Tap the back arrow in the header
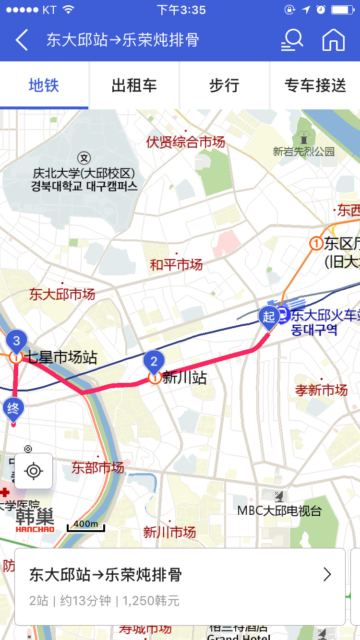[x=22, y=40]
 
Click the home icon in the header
[x=334, y=39]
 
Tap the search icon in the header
[x=292, y=39]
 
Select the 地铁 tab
[x=44, y=85]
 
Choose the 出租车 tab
[x=134, y=85]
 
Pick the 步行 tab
[x=224, y=85]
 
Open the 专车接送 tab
[x=315, y=85]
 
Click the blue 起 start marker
[x=268, y=317]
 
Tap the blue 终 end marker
[x=13, y=409]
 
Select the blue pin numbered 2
[x=154, y=361]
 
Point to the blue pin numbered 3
[x=16, y=341]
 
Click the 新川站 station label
[x=185, y=378]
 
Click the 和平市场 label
[x=176, y=264]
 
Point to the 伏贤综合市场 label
[x=185, y=142]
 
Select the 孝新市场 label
[x=321, y=390]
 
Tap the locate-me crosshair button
[x=34, y=471]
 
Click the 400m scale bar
[x=86, y=525]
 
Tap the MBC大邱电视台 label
[x=279, y=510]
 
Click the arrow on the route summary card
[x=327, y=574]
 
